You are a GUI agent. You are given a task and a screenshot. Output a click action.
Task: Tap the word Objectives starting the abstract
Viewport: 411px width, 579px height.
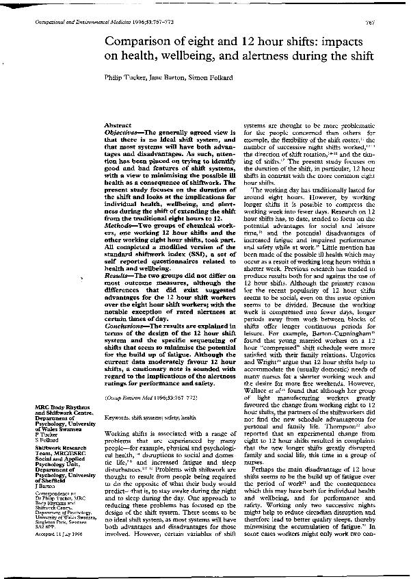[x=122, y=133]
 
